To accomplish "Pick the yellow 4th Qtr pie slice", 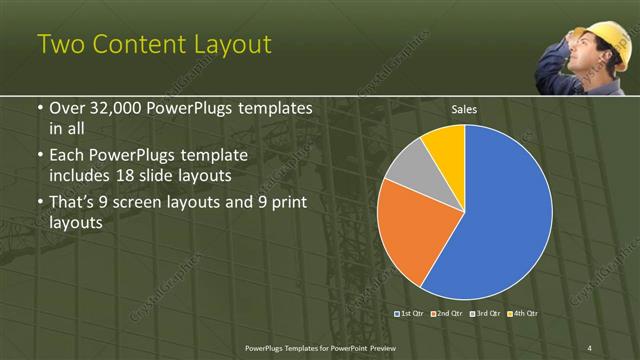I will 446,144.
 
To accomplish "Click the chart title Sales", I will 463,108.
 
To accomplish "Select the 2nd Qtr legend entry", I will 446,314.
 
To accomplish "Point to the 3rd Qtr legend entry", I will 484,314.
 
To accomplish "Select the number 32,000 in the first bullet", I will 110,108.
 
